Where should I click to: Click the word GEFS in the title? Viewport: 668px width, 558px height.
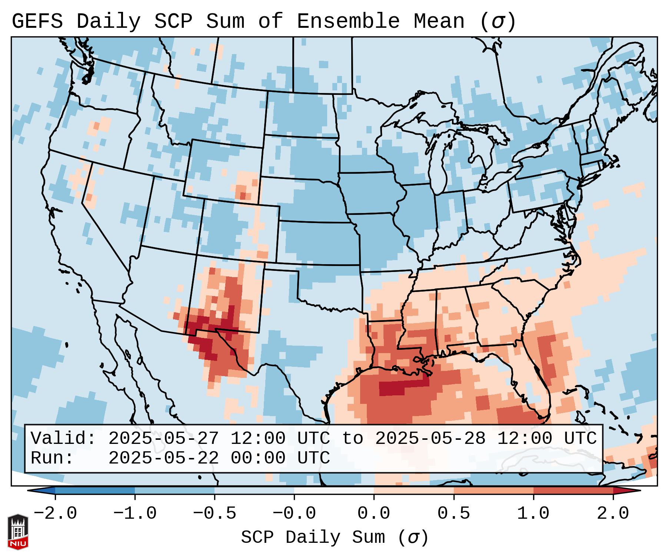(37, 21)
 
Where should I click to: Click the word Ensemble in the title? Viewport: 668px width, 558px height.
(348, 21)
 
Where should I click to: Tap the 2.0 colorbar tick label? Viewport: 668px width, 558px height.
(613, 514)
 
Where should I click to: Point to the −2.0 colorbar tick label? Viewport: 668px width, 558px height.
(55, 514)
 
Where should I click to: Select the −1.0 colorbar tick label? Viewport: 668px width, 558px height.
(135, 514)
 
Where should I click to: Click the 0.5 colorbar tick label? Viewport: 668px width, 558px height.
(453, 514)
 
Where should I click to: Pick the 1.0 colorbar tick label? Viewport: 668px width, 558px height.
(533, 514)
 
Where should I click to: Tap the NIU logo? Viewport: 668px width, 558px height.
(18, 532)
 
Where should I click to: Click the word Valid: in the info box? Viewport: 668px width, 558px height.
(63, 438)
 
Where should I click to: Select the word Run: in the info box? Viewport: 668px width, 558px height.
(52, 458)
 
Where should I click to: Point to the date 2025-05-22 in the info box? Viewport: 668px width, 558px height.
(163, 458)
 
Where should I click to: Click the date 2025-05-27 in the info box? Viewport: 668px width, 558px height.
(163, 438)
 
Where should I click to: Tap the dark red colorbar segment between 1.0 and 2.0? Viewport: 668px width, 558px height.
(573, 491)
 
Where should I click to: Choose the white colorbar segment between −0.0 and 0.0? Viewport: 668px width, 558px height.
(334, 491)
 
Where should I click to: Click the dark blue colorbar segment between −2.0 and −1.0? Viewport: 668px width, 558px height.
(95, 491)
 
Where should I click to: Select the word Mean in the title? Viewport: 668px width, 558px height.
(439, 21)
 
